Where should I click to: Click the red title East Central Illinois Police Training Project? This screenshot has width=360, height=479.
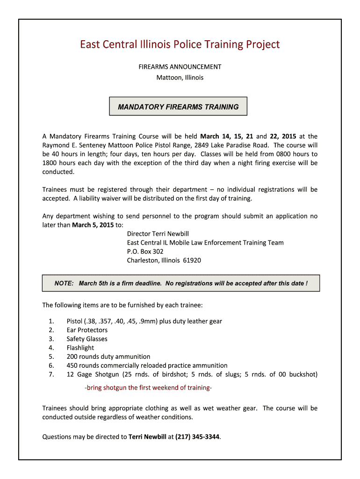pyautogui.click(x=180, y=45)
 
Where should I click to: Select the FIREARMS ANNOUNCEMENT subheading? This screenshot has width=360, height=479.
pyautogui.click(x=180, y=67)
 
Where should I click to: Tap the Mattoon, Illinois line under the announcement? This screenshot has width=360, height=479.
pyautogui.click(x=180, y=78)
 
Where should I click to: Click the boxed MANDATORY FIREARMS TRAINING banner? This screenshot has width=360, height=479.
pyautogui.click(x=178, y=107)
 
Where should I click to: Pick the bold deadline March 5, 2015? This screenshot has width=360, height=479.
pyautogui.click(x=93, y=225)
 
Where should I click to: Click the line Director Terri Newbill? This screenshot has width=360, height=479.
pyautogui.click(x=158, y=234)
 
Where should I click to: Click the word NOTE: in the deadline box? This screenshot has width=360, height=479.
pyautogui.click(x=64, y=283)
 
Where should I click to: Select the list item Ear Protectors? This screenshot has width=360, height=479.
pyautogui.click(x=87, y=330)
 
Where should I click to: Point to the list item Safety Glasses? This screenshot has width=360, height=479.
pyautogui.click(x=87, y=339)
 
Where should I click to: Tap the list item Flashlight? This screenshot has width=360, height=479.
pyautogui.click(x=80, y=348)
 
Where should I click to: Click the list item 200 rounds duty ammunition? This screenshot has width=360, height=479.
pyautogui.click(x=108, y=357)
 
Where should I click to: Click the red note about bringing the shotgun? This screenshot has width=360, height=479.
pyautogui.click(x=148, y=388)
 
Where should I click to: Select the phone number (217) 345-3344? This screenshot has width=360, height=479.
pyautogui.click(x=197, y=437)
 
